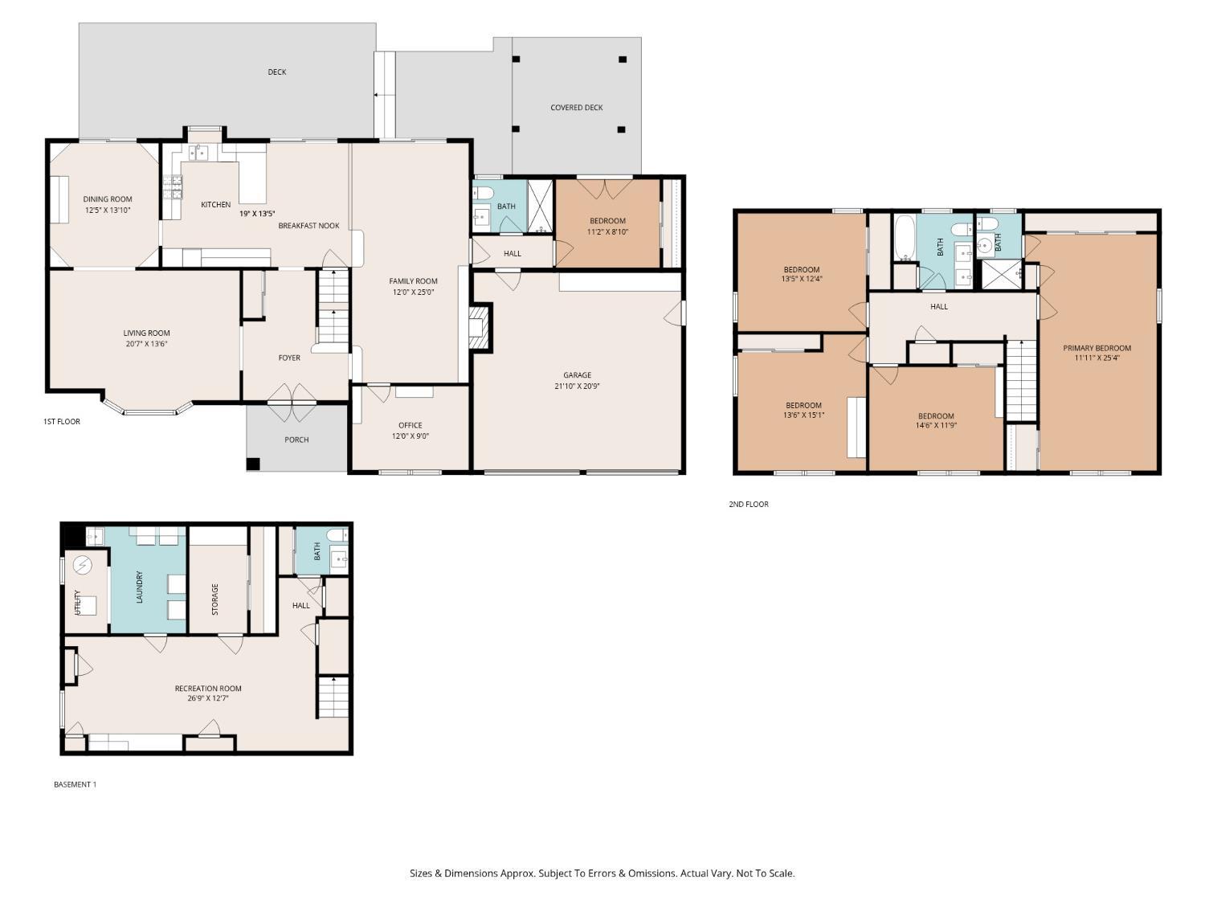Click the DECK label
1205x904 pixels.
pos(276,72)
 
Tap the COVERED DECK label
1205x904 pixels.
pos(577,108)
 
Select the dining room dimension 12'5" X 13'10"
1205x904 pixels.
pos(108,211)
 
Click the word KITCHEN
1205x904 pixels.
pos(216,205)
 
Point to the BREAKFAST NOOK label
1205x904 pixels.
pos(308,226)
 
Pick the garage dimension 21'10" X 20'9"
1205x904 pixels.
pos(577,386)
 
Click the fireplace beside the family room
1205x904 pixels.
pos(479,328)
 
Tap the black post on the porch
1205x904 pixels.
pos(252,464)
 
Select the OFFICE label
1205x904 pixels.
pos(410,425)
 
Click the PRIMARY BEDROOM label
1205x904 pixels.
pos(1097,348)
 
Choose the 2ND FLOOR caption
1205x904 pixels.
pos(749,504)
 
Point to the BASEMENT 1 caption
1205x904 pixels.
pos(76,784)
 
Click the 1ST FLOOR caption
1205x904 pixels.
pos(62,422)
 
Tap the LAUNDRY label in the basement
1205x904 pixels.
pos(140,587)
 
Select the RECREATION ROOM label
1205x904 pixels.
pos(208,689)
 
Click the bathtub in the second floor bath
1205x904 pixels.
pos(904,238)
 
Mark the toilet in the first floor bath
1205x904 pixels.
pos(484,193)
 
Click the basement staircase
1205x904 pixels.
pos(333,697)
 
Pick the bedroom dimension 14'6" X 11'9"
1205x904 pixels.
pos(936,425)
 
